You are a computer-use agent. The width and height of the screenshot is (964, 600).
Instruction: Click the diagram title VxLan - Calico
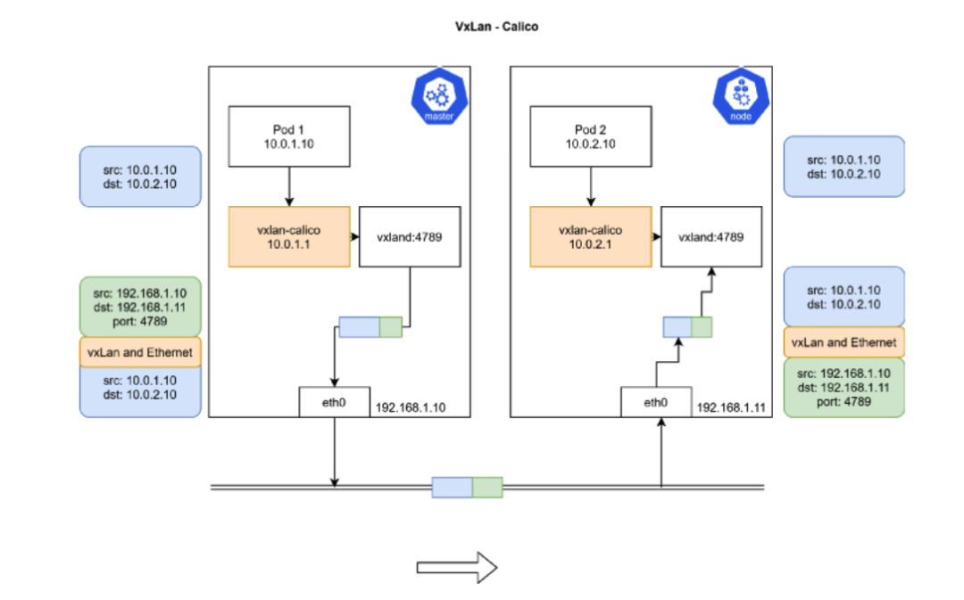click(x=497, y=27)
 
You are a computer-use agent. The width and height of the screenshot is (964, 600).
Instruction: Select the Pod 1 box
click(x=289, y=136)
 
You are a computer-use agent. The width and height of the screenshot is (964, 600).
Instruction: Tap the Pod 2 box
click(x=591, y=136)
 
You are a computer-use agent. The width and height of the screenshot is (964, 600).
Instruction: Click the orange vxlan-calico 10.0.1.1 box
click(x=289, y=236)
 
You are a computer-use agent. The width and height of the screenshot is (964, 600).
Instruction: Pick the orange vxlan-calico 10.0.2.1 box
click(x=591, y=236)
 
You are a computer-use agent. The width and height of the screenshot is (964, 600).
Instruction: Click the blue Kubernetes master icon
click(x=439, y=95)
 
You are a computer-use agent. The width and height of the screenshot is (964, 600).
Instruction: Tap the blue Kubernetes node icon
click(x=741, y=95)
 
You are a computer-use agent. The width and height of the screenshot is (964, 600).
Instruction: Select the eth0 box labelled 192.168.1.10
click(x=335, y=402)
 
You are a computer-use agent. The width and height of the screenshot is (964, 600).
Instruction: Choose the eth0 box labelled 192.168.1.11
click(x=656, y=402)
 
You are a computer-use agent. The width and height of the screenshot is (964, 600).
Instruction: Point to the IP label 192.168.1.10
click(x=411, y=407)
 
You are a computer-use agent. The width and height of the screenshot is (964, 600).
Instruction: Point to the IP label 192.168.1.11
click(x=731, y=407)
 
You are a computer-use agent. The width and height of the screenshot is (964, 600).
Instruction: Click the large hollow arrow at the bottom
click(x=457, y=567)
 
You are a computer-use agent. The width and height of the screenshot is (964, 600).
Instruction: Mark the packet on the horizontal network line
click(x=467, y=487)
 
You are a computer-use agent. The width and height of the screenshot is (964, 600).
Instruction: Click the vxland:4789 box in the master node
click(x=410, y=236)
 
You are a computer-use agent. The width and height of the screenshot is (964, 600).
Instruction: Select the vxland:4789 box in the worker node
click(x=711, y=236)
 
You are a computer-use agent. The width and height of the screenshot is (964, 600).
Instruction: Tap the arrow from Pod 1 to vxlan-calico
click(x=289, y=186)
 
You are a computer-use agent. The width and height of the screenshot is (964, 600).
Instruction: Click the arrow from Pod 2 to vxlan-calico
click(x=591, y=186)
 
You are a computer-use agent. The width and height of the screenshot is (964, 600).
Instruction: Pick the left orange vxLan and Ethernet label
click(x=140, y=352)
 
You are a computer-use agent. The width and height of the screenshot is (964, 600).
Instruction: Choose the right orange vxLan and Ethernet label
click(x=843, y=342)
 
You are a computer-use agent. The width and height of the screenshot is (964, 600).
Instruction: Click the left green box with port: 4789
click(x=140, y=307)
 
